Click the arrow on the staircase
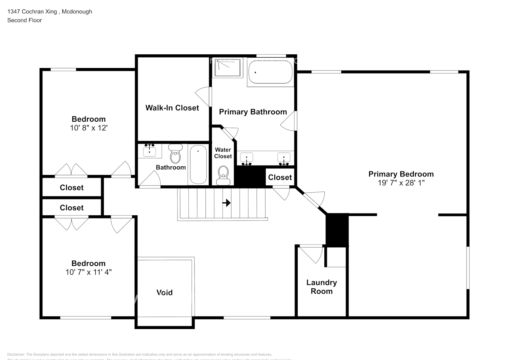(226, 203)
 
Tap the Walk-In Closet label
(172, 108)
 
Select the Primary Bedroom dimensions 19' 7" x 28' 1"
(401, 183)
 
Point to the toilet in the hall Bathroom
(175, 155)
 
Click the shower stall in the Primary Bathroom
(227, 68)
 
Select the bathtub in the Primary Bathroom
(270, 73)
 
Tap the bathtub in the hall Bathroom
(198, 164)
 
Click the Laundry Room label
(321, 287)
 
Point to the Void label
(165, 293)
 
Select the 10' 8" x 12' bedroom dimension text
(89, 128)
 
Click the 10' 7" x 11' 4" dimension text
(89, 272)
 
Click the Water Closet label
(223, 153)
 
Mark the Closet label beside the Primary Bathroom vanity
(280, 177)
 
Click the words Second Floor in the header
(24, 20)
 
